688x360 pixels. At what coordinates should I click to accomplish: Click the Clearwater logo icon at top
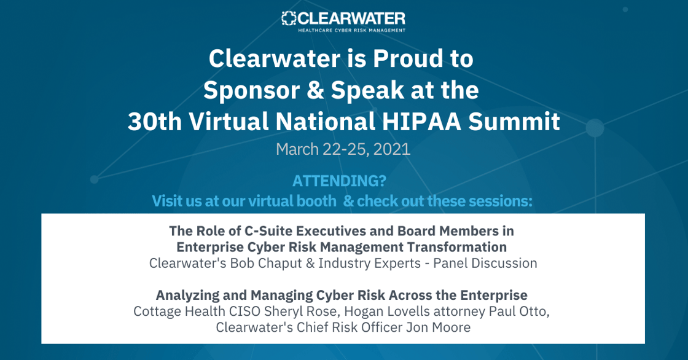point(289,18)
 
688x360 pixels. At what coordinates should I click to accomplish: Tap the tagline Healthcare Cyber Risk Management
point(351,29)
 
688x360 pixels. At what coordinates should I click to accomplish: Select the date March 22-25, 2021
point(343,149)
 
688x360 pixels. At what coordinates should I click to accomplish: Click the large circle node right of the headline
point(594,128)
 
